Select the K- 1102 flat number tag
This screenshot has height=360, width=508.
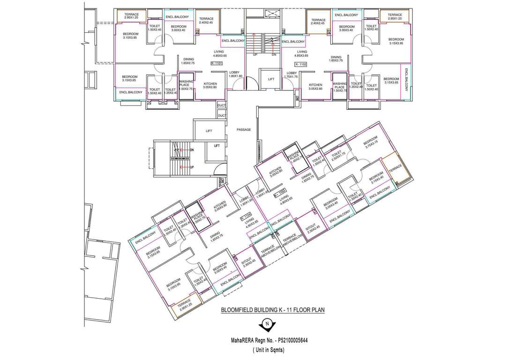point(300,63)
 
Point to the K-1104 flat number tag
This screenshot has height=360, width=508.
point(246,217)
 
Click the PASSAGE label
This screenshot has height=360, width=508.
point(244,130)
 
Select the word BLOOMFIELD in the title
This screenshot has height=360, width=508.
point(241,310)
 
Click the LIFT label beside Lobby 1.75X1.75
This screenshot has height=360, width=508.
point(271,80)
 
